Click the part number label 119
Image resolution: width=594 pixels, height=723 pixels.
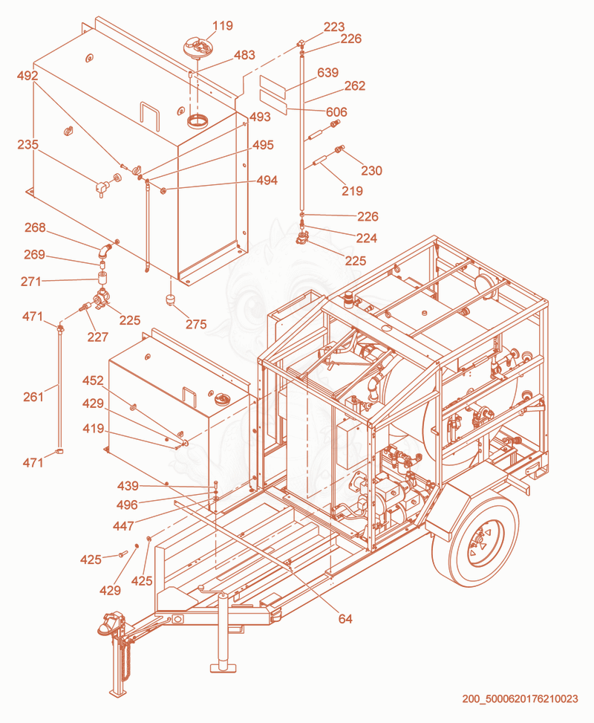pyautogui.click(x=223, y=26)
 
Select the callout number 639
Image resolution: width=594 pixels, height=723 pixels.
pyautogui.click(x=327, y=72)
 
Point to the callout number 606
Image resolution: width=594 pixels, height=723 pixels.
pyautogui.click(x=336, y=112)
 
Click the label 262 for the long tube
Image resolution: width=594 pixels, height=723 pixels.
pyautogui.click(x=354, y=85)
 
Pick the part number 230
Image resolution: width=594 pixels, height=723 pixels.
pyautogui.click(x=371, y=171)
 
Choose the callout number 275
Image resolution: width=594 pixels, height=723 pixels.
pyautogui.click(x=196, y=324)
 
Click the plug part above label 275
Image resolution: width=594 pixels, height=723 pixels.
pyautogui.click(x=171, y=299)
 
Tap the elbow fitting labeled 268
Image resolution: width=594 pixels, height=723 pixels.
pyautogui.click(x=105, y=251)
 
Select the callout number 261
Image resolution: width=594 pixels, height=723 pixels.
pyautogui.click(x=33, y=397)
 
